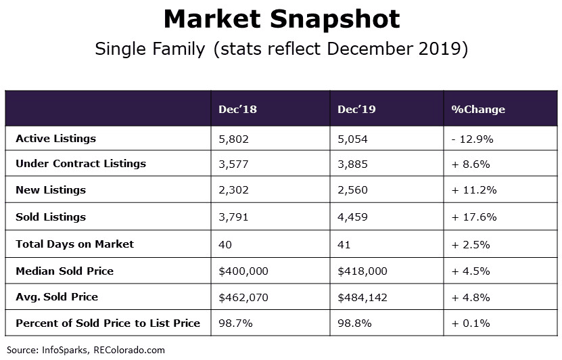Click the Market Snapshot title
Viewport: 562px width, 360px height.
pos(281,19)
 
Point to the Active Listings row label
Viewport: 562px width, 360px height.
pos(55,139)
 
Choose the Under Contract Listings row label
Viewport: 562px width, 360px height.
pos(80,164)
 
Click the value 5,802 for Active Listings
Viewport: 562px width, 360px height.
pos(234,139)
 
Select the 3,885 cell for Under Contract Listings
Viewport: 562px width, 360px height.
pos(353,164)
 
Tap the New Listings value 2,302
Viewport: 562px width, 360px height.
pos(234,191)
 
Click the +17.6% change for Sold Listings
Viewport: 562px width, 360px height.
pos(475,217)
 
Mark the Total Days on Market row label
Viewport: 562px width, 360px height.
pos(74,244)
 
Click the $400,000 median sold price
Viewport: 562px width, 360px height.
pos(243,271)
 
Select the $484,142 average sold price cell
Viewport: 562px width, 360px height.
pos(362,296)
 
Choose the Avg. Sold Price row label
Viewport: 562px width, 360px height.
pos(57,296)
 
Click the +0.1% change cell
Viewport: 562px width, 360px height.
pos(471,323)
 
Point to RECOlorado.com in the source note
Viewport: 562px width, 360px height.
pos(131,350)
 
